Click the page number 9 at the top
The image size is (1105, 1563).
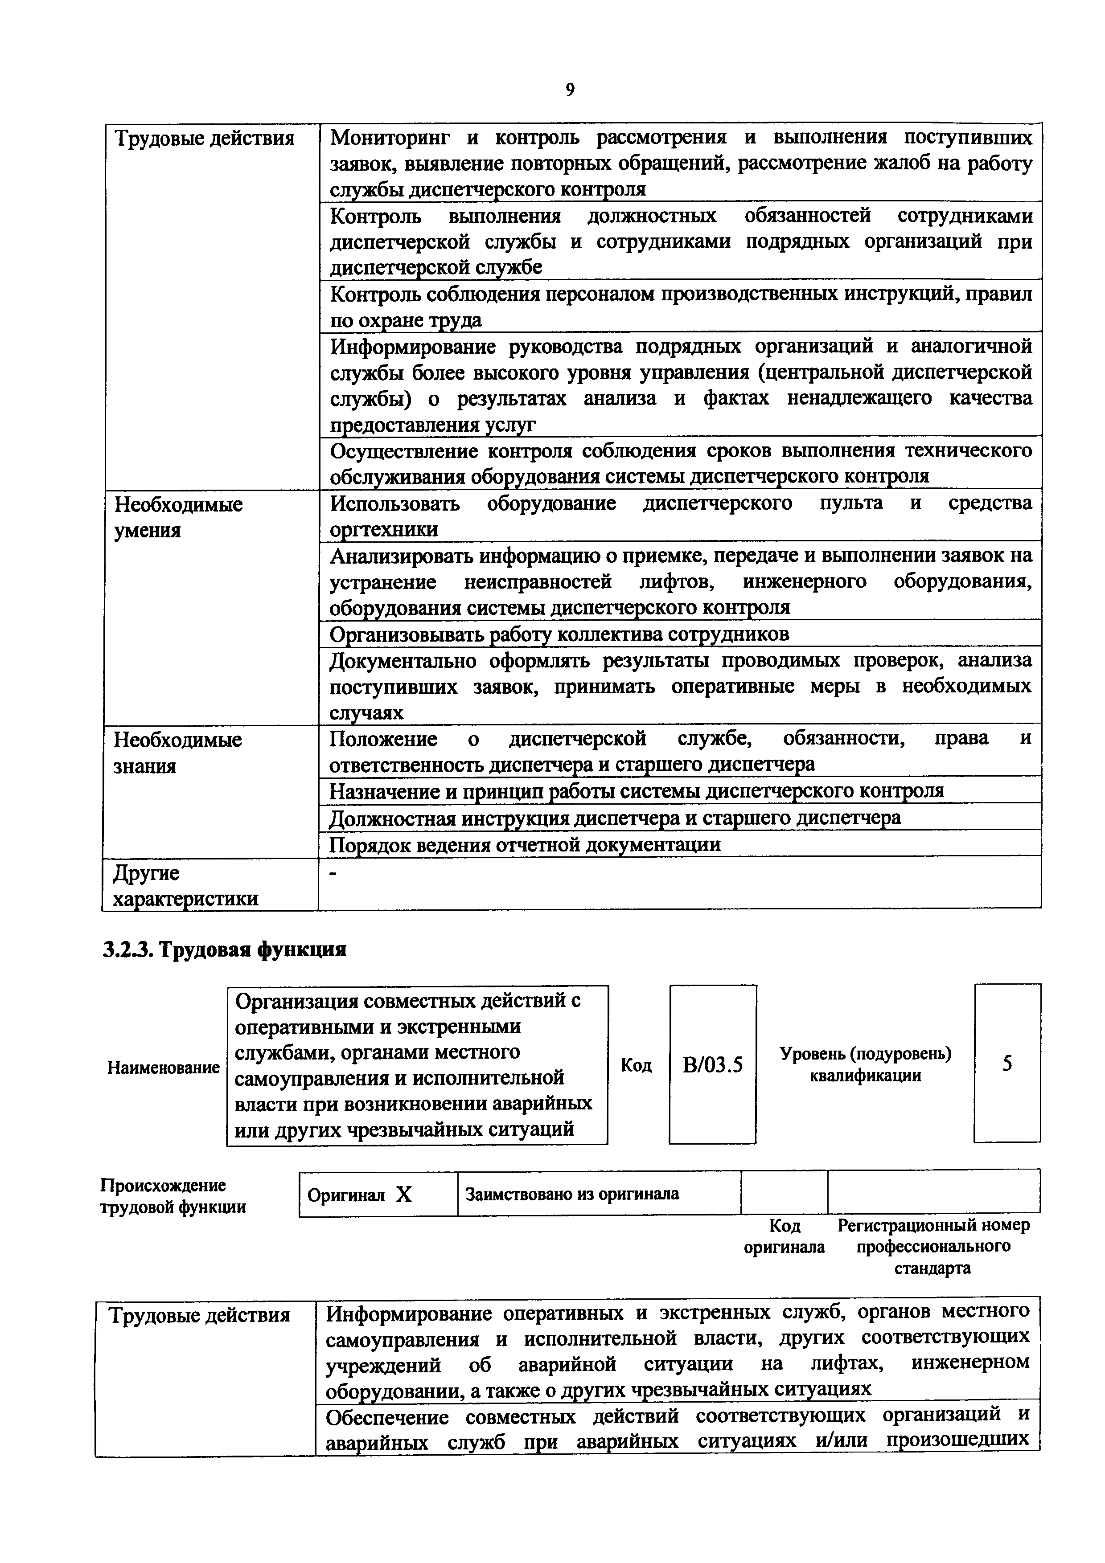(x=570, y=89)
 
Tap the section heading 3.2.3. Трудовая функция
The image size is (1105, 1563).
(x=224, y=949)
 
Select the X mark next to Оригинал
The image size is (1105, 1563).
(x=404, y=1195)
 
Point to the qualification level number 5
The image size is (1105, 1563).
(x=1007, y=1064)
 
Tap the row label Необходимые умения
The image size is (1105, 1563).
(x=178, y=517)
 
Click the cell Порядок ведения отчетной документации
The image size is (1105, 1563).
(x=524, y=845)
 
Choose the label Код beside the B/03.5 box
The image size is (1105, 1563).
(x=636, y=1065)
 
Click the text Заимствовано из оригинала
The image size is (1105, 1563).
(x=572, y=1194)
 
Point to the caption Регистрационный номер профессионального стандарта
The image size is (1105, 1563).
(x=933, y=1247)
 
